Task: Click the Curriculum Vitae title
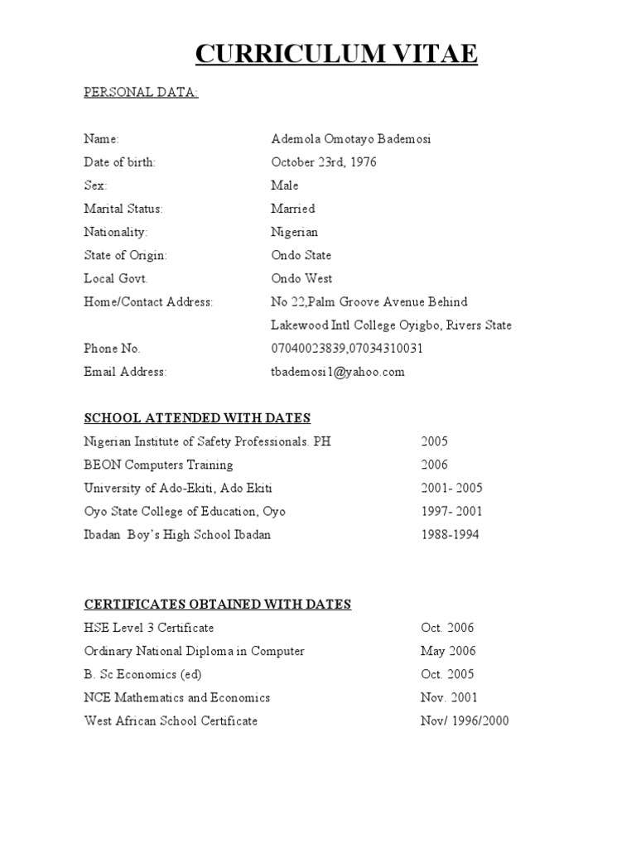[x=336, y=54]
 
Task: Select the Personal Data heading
[x=141, y=93]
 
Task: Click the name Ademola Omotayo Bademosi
[x=350, y=139]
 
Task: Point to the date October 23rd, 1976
[x=323, y=162]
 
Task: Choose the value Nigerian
[x=294, y=232]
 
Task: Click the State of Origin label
[x=125, y=255]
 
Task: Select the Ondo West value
[x=301, y=278]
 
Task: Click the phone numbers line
[x=346, y=349]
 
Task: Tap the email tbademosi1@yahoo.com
[x=337, y=372]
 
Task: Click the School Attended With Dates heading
[x=197, y=418]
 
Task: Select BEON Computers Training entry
[x=158, y=465]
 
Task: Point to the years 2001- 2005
[x=451, y=488]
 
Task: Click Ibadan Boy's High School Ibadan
[x=177, y=534]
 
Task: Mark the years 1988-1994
[x=450, y=534]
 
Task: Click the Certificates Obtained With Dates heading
[x=218, y=605]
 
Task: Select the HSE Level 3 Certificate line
[x=149, y=628]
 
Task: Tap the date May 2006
[x=448, y=651]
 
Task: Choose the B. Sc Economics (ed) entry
[x=142, y=674]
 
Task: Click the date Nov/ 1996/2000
[x=465, y=720]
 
